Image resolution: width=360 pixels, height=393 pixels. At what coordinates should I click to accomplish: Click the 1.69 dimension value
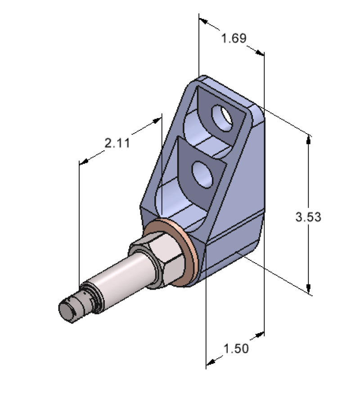[234, 38]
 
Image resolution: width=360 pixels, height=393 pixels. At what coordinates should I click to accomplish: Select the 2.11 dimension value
[117, 143]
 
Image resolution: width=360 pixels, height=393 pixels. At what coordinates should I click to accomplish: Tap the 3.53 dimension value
[308, 217]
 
